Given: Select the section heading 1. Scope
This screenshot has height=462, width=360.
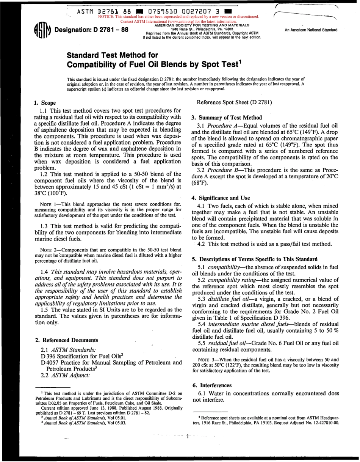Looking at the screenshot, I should (45, 103).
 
